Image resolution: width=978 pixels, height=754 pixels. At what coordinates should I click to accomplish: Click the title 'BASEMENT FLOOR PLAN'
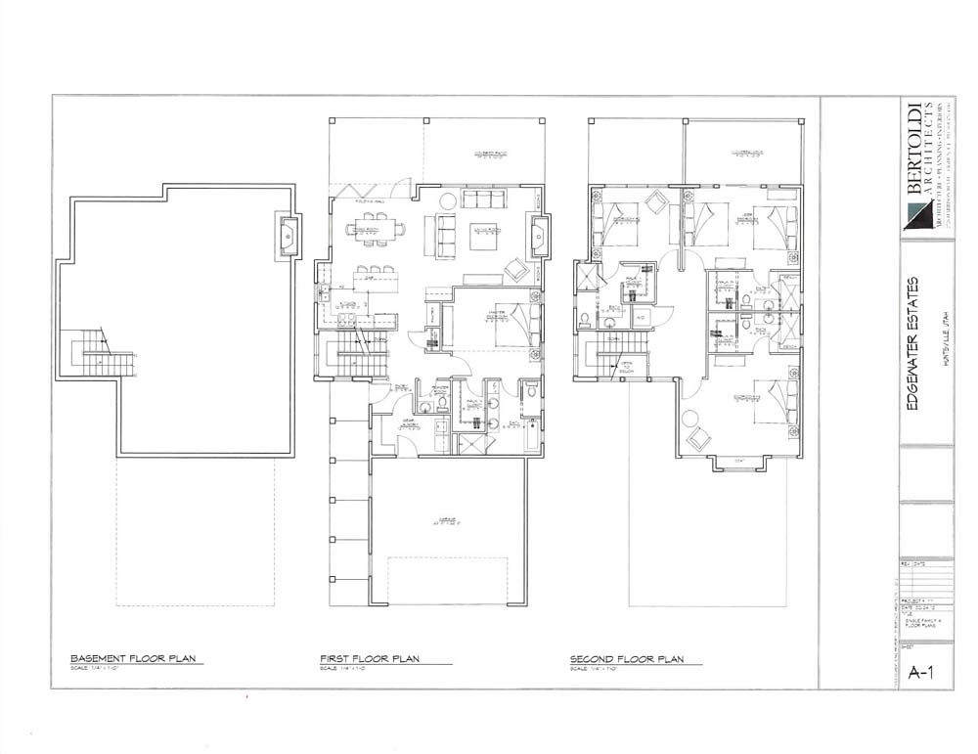coord(137,658)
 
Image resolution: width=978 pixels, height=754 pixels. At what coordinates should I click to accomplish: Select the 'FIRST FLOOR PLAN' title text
coord(371,658)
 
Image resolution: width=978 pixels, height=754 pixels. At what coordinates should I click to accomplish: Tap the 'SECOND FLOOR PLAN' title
coord(627,658)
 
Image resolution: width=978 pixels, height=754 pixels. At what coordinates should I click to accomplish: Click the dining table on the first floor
coord(376,230)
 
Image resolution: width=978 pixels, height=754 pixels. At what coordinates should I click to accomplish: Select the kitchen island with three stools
coord(377,282)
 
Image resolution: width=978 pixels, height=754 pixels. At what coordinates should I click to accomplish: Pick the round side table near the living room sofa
coord(446,200)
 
